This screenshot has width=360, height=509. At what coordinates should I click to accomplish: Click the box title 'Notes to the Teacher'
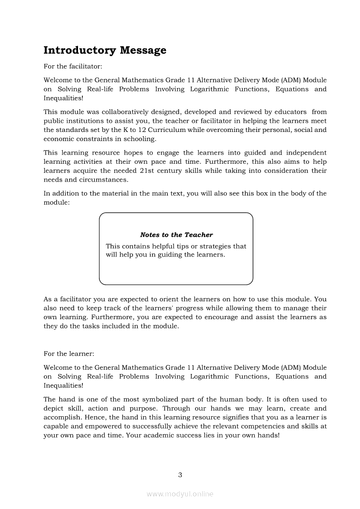pos(177,235)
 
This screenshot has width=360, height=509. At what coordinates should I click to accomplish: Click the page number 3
pos(180,475)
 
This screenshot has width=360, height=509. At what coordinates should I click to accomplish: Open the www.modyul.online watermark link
pos(180,494)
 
